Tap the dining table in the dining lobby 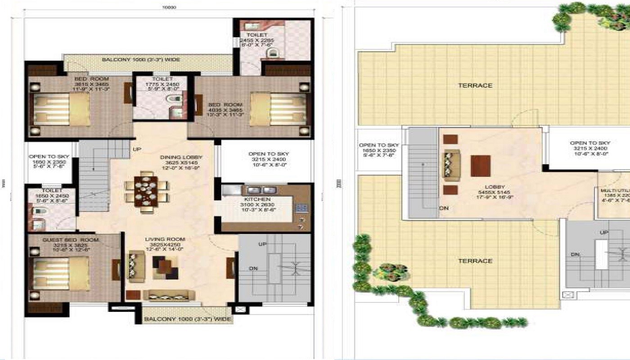click(x=146, y=191)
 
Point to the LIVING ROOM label click(x=168, y=239)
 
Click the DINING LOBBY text click(x=181, y=157)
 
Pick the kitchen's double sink click(x=262, y=190)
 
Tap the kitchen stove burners click(x=301, y=208)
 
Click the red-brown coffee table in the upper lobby click(x=481, y=166)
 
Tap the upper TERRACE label click(x=475, y=85)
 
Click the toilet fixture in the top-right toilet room click(x=271, y=54)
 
